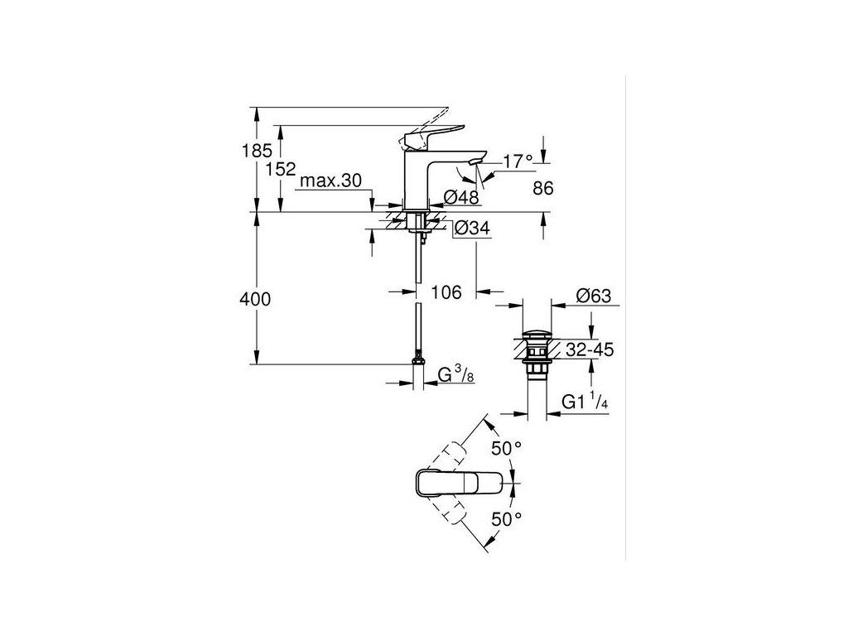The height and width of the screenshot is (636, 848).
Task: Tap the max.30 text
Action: [331, 181]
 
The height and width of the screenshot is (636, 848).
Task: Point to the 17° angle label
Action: [518, 162]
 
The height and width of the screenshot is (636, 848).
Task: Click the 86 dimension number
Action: [542, 189]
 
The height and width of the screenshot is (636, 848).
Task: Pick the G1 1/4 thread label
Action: [585, 402]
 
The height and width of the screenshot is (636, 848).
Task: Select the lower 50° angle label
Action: [507, 519]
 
